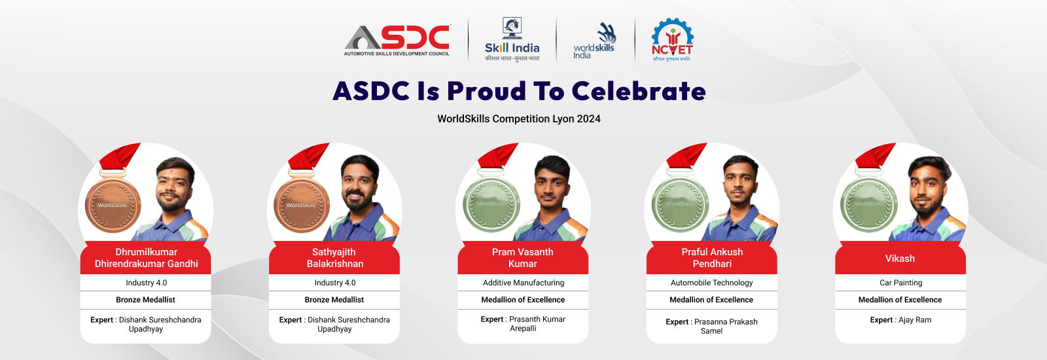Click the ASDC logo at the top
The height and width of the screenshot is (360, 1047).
click(397, 40)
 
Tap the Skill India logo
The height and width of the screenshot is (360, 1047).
click(512, 39)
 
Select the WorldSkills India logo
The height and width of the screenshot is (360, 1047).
click(594, 41)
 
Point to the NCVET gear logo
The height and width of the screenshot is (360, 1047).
click(673, 40)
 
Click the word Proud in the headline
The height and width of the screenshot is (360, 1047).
click(486, 91)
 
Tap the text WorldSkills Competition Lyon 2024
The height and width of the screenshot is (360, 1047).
click(519, 118)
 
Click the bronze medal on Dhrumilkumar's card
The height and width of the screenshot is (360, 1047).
click(113, 205)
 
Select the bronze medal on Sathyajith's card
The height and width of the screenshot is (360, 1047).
click(302, 205)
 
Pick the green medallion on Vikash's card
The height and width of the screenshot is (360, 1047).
click(869, 204)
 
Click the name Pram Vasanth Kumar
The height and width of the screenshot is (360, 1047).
click(523, 258)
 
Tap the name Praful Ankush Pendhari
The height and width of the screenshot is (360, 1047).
click(712, 258)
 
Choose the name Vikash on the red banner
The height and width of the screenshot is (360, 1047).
click(900, 259)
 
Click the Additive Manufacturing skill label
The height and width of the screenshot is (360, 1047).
click(523, 283)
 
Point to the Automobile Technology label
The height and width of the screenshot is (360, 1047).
click(712, 283)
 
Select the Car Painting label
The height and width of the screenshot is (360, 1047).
click(900, 283)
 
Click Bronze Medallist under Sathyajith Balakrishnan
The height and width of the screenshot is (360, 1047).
click(334, 300)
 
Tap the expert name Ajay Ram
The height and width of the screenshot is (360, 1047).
click(915, 320)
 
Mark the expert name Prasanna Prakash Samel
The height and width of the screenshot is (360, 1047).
click(725, 326)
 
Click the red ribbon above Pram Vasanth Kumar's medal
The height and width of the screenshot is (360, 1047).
click(497, 156)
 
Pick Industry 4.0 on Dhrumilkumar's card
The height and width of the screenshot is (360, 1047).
click(147, 283)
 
